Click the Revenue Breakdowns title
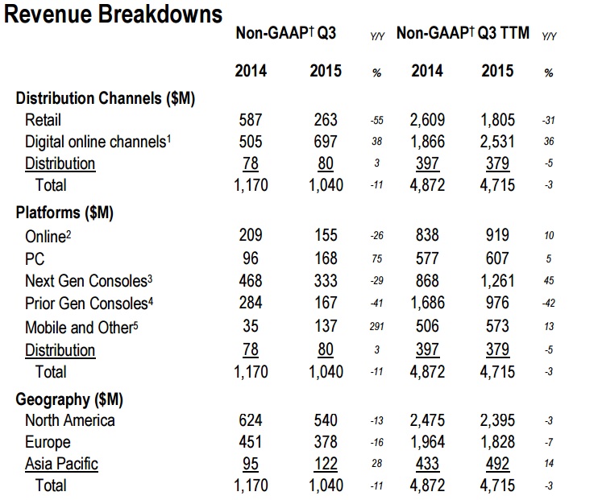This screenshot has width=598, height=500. click(x=114, y=14)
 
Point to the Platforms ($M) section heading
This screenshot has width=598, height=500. click(x=65, y=213)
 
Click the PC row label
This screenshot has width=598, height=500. click(x=35, y=259)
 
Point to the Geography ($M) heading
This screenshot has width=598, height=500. click(x=69, y=399)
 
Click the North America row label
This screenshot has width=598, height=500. click(x=70, y=420)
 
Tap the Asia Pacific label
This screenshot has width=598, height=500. click(x=62, y=464)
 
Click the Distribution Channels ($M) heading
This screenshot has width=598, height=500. click(x=106, y=98)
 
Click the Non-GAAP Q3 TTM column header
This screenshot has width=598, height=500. click(x=463, y=34)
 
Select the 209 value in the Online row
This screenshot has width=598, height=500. click(x=251, y=236)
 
